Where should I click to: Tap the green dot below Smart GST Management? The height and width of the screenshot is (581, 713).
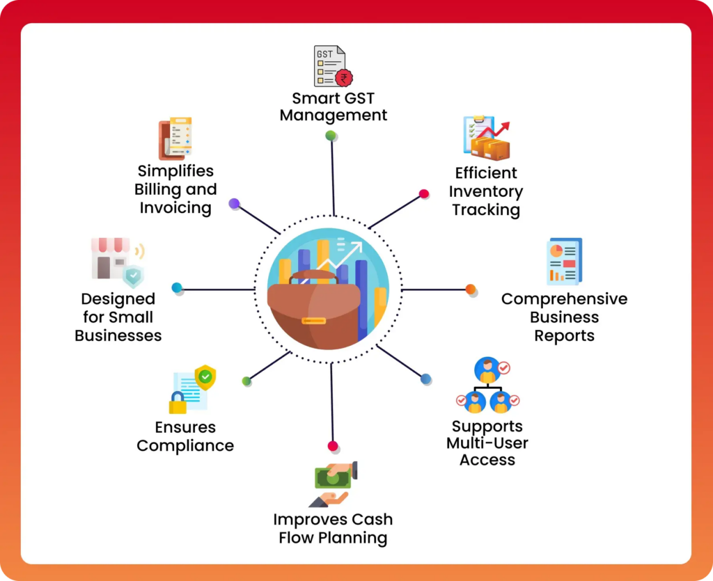coord(331,135)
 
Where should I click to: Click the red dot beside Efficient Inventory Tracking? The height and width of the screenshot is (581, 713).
coord(423,194)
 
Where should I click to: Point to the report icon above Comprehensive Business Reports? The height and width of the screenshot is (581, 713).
coord(563,262)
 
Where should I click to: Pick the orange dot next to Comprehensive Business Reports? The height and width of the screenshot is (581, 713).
coord(470,289)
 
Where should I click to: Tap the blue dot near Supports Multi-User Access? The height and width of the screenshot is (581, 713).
coord(425,379)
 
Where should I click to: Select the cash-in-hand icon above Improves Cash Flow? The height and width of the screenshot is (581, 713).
coord(333,484)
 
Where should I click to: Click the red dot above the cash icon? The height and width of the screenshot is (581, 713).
coord(333,446)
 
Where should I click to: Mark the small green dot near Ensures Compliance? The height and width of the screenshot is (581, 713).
coord(246,381)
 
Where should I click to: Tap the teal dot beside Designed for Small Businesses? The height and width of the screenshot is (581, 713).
coord(177,287)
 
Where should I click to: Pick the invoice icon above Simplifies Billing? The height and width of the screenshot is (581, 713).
coord(175,139)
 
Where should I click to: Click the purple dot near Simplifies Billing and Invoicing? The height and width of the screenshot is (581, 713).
coord(234,204)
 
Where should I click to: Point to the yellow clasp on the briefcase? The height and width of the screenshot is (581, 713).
coord(313,321)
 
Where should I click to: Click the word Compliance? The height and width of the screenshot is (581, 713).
coord(185,446)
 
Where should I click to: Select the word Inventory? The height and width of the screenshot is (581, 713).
coord(486,191)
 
